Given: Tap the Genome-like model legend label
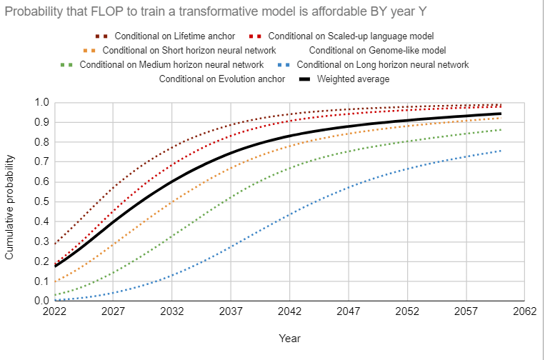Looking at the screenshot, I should (377, 50).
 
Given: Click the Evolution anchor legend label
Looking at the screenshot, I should (222, 79).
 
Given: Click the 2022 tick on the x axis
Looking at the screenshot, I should (54, 312).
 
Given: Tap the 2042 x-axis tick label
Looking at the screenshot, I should (289, 312).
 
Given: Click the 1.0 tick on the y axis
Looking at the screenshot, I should (42, 103).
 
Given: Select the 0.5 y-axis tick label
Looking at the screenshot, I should (42, 202).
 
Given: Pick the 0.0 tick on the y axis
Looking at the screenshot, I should (42, 301).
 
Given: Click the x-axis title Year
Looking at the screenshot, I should (289, 337).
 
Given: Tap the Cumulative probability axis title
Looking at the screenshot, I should (11, 201).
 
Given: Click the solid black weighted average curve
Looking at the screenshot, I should (231, 153).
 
